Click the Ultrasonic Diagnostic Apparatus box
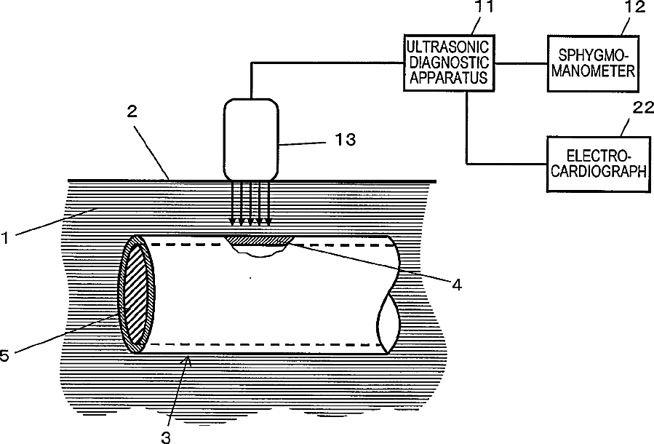click(447, 63)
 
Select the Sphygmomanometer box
click(592, 63)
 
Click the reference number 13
click(346, 139)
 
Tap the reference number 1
click(7, 237)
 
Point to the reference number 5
click(6, 354)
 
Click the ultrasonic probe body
click(251, 138)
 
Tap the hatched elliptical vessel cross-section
click(137, 294)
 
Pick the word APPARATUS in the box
click(447, 77)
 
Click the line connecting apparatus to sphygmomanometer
click(518, 63)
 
